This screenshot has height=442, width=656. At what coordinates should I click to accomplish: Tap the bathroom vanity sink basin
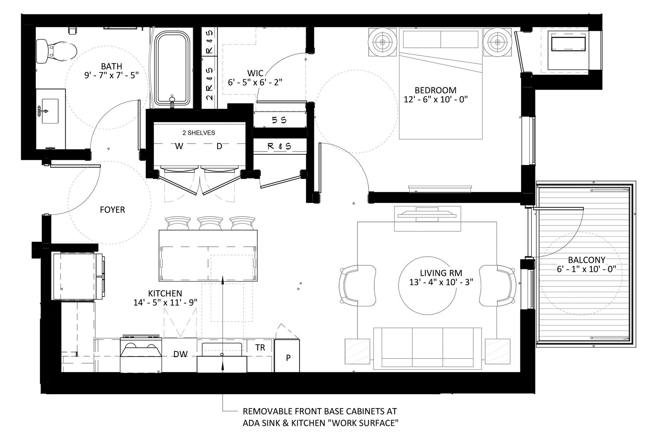(50, 111)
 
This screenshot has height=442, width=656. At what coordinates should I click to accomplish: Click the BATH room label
(111, 66)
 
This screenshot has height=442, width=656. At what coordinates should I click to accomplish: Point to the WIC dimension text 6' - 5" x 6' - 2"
(255, 82)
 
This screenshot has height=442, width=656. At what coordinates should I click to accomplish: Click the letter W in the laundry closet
(179, 146)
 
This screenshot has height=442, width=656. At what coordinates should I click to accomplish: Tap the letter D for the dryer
(219, 146)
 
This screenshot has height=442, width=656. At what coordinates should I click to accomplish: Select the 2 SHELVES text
(199, 133)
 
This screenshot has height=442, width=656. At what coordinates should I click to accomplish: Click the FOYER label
(112, 210)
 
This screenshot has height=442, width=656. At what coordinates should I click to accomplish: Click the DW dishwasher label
(180, 354)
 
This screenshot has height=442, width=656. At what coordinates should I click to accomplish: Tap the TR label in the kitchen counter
(260, 348)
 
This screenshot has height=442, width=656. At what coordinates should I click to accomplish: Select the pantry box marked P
(287, 357)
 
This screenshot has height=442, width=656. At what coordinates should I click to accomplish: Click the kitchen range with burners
(140, 354)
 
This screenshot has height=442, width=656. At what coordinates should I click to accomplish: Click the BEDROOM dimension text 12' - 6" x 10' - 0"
(435, 100)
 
